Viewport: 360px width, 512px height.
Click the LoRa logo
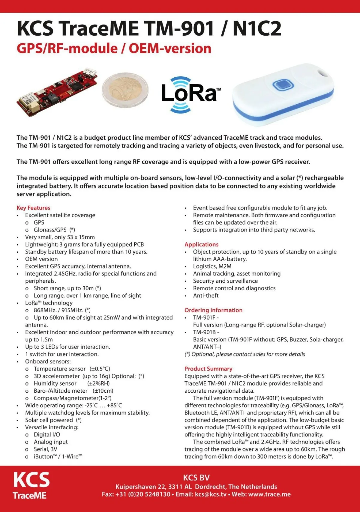(x=190, y=94)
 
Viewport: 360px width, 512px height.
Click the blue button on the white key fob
(x=283, y=85)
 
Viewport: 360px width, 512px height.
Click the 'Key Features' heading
(x=33, y=208)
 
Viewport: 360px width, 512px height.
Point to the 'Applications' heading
(x=201, y=244)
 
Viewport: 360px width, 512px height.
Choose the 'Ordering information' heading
(x=213, y=310)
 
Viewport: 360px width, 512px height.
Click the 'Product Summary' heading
(x=208, y=369)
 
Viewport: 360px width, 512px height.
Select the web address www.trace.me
(x=269, y=494)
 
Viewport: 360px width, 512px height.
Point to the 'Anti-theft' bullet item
(x=206, y=296)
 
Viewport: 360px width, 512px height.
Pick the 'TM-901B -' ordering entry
(x=206, y=332)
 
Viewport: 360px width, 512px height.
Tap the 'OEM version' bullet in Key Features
(x=41, y=259)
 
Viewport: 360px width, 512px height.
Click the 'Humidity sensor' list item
(x=55, y=383)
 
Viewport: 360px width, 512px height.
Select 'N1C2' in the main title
(x=257, y=28)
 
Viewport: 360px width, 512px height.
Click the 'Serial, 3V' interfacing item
(x=45, y=449)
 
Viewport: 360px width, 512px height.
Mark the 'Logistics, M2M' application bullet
(x=212, y=266)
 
